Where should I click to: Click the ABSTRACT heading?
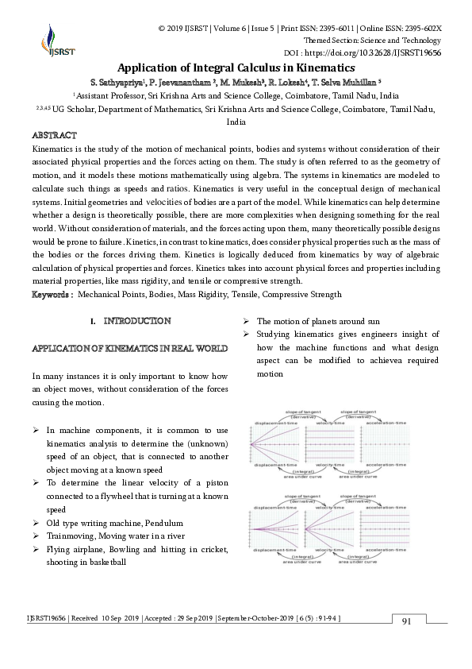54,136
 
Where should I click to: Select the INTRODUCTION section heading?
136,321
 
